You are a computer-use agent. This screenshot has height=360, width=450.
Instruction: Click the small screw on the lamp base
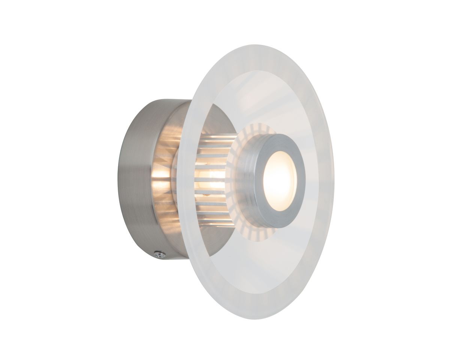(x=160, y=255)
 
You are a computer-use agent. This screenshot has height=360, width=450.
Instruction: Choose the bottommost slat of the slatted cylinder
(x=217, y=225)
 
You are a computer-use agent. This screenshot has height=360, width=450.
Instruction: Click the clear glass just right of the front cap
(x=311, y=180)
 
